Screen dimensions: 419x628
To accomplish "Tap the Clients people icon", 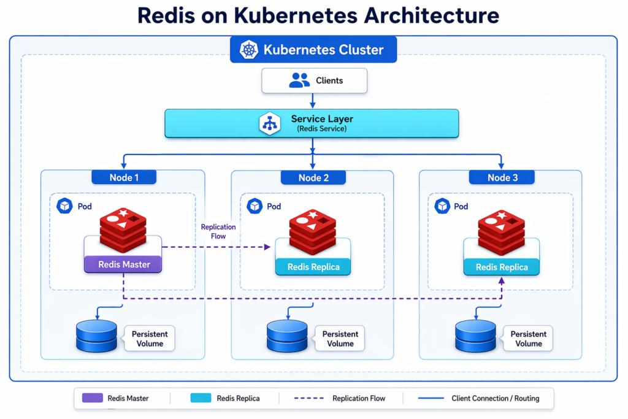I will (x=299, y=80).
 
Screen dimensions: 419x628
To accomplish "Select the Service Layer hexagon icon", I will (x=269, y=123).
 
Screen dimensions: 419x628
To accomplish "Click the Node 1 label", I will (x=123, y=177).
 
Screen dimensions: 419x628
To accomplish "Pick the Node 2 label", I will (x=313, y=177).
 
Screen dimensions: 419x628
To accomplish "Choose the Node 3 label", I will (x=502, y=177).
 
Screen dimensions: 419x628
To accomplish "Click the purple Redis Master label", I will (x=123, y=264).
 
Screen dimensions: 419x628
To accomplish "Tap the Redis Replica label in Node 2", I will (x=313, y=267).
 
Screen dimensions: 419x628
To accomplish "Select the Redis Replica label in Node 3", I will (x=502, y=267).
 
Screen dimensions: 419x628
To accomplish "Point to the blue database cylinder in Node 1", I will (x=96, y=336).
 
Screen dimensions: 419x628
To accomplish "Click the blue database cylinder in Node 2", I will (x=287, y=336).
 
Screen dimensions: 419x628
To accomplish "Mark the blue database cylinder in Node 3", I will (x=475, y=336).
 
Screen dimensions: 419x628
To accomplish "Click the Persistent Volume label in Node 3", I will (x=528, y=339).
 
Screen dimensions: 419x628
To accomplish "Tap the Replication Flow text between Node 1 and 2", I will (x=218, y=231).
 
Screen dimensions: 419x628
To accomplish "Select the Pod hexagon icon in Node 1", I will (x=64, y=206).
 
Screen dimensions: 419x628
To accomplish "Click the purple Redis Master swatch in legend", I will (x=92, y=398).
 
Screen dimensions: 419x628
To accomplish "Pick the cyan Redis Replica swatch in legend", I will (x=201, y=398).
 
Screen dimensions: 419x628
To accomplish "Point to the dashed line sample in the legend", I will (x=309, y=398).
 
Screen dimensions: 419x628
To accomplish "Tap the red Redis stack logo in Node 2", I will (x=313, y=232).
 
